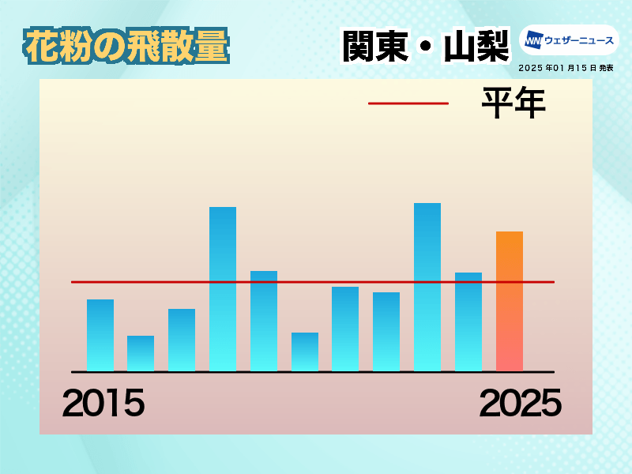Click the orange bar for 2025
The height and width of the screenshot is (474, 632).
(510, 301)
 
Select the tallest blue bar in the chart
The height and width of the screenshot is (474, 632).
(427, 287)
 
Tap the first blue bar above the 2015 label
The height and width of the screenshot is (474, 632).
(100, 335)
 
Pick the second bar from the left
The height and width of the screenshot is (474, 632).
(141, 353)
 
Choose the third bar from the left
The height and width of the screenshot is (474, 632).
(182, 340)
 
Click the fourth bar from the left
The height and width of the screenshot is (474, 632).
(223, 289)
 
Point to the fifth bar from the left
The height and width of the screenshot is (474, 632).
(264, 321)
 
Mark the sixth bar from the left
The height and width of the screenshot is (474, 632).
(305, 352)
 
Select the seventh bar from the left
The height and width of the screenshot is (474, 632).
(345, 329)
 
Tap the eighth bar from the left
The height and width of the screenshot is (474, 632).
(386, 332)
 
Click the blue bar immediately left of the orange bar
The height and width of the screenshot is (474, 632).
(468, 322)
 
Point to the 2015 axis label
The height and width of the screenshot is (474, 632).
(103, 403)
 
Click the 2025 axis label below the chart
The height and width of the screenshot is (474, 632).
(521, 403)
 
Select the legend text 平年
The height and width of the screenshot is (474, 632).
(514, 103)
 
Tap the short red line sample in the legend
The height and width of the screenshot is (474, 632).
(408, 103)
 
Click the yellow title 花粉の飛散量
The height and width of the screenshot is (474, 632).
(126, 46)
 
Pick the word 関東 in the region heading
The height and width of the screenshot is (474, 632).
(376, 46)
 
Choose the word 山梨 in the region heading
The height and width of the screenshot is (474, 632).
(476, 46)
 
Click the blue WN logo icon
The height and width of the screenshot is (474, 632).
(534, 40)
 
